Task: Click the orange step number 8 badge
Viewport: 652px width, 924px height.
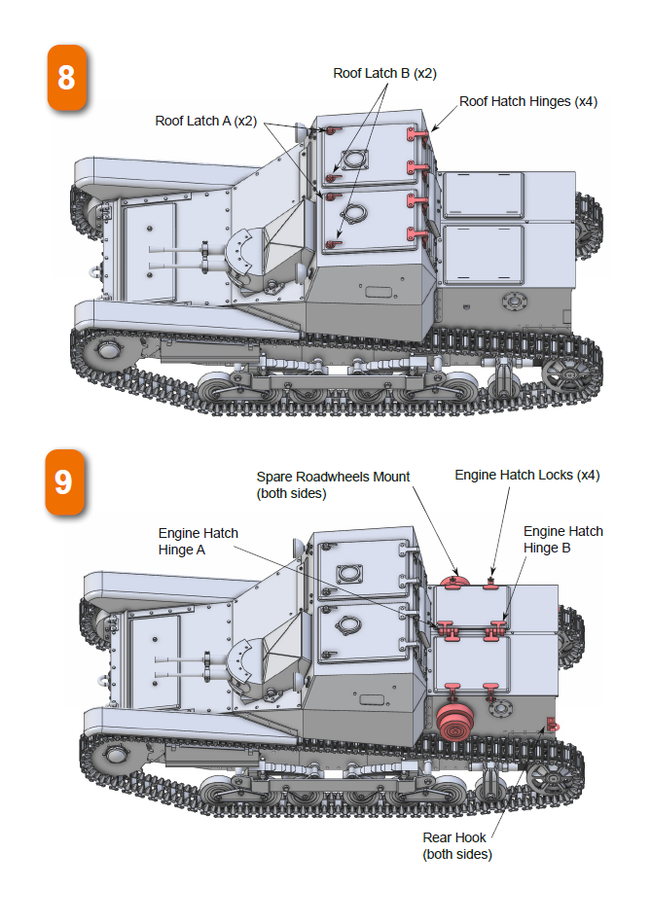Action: click(66, 77)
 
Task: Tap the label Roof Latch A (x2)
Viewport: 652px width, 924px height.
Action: click(205, 121)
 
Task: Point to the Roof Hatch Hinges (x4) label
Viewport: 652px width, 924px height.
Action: click(528, 101)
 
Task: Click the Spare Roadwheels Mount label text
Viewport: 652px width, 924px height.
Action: click(333, 484)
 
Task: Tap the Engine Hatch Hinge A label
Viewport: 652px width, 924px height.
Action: click(199, 541)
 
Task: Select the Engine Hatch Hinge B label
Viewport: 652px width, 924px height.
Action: click(562, 539)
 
